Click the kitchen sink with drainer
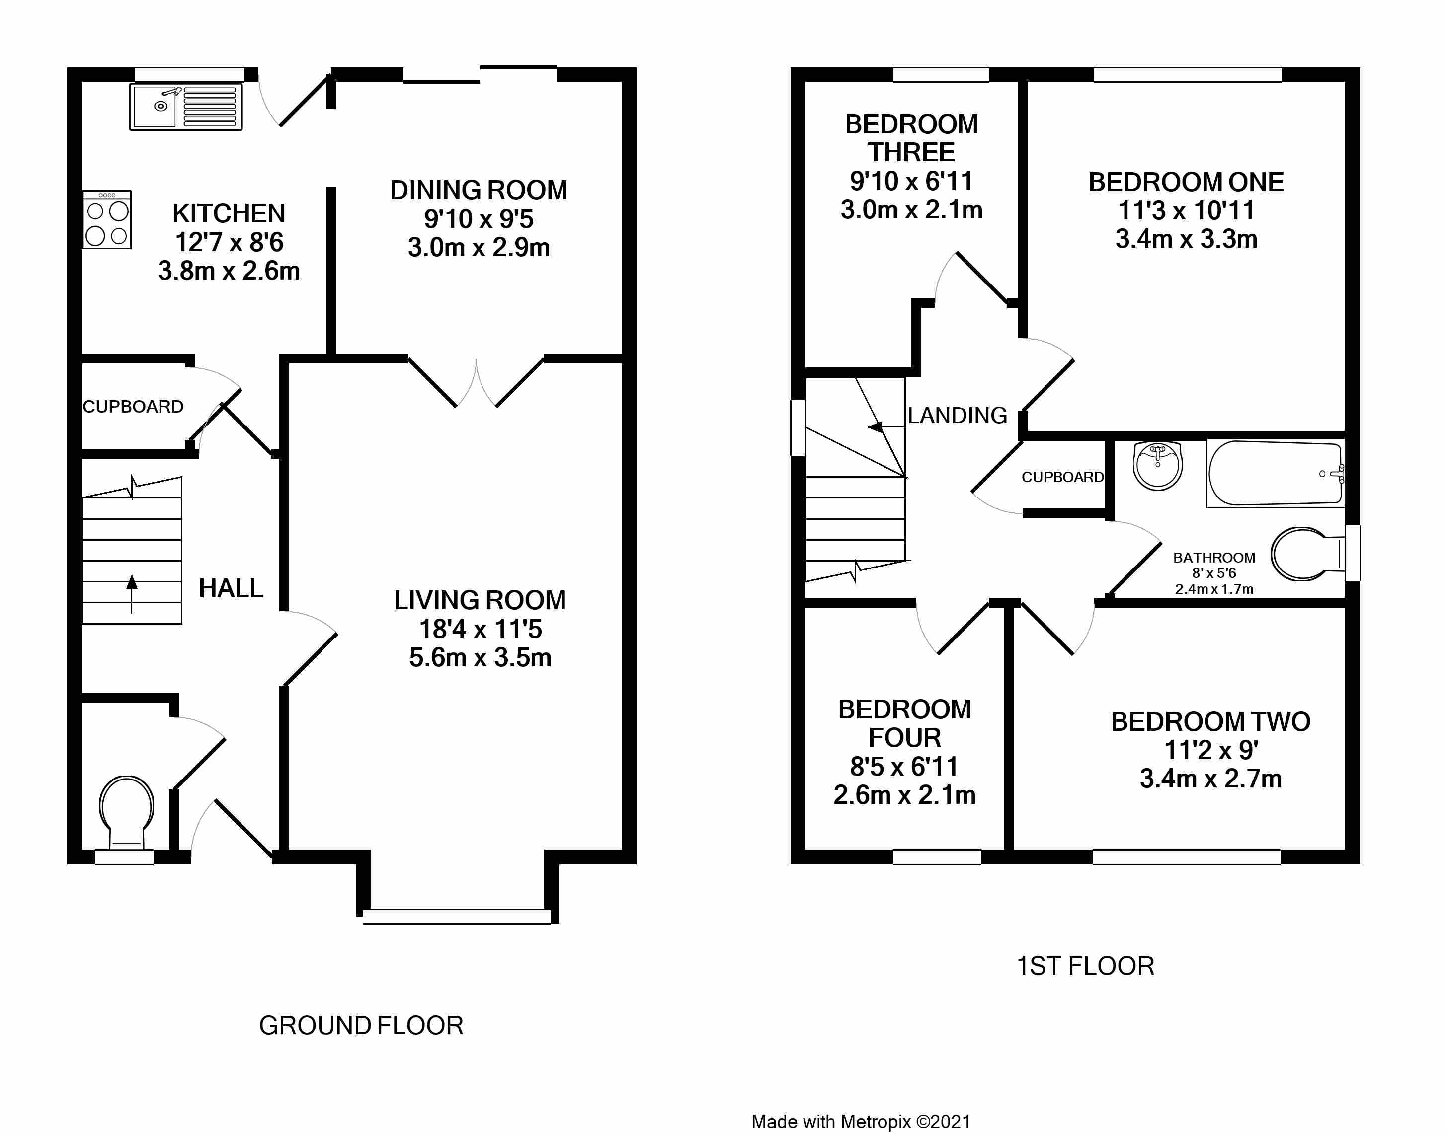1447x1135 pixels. click(x=185, y=106)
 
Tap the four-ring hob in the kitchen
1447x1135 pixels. click(x=107, y=220)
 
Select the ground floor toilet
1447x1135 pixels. click(x=126, y=812)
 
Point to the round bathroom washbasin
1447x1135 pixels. click(x=1158, y=465)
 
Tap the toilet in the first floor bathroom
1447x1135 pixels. click(x=1308, y=554)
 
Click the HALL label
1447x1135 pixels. click(x=231, y=588)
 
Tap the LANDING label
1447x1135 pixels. click(x=958, y=416)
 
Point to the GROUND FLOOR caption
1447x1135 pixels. click(x=361, y=1025)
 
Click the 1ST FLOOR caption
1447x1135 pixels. click(x=1086, y=966)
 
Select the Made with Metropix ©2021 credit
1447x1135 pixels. click(x=861, y=1122)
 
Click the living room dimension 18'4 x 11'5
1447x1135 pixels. click(x=480, y=629)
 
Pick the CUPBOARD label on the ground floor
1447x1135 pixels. click(x=133, y=407)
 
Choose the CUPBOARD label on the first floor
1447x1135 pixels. click(x=1062, y=477)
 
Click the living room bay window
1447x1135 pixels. click(x=457, y=917)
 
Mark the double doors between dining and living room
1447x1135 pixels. click(x=476, y=382)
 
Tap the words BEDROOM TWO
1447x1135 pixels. click(x=1211, y=722)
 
